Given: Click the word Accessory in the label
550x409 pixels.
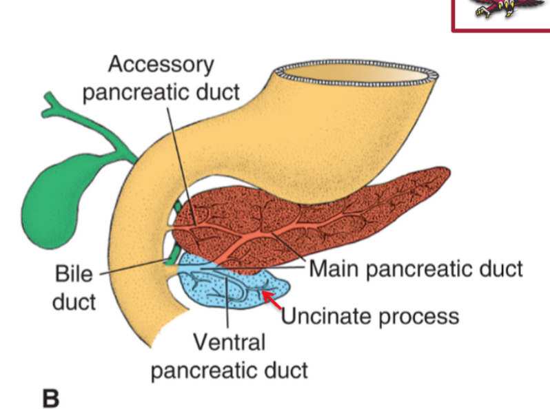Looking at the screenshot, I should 161,65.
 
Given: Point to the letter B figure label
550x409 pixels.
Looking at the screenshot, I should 52,397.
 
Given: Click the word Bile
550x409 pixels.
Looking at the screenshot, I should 73,273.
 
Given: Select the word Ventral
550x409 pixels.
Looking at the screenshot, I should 229,342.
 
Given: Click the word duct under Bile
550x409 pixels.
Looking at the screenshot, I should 74,302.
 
